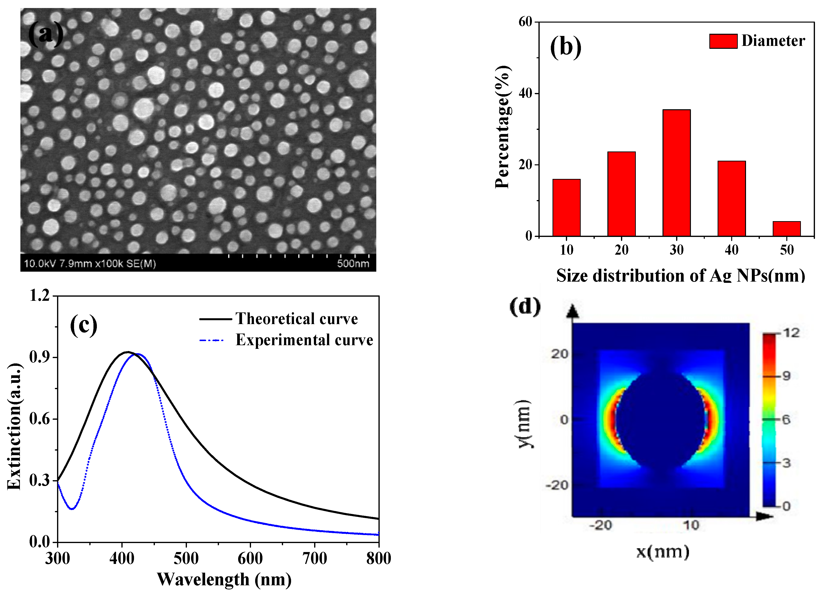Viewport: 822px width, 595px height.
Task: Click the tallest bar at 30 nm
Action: tap(676, 173)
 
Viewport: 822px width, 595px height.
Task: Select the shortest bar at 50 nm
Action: tap(787, 229)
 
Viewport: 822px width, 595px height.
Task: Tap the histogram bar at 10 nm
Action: tap(566, 208)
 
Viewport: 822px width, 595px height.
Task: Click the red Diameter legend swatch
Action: tap(723, 41)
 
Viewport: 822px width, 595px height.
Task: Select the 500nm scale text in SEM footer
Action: tap(353, 263)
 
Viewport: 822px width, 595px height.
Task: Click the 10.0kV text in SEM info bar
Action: tap(40, 263)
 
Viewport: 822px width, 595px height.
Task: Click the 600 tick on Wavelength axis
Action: tap(250, 558)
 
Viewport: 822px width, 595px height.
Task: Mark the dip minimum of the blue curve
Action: tap(72, 509)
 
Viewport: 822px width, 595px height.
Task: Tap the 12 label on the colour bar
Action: tap(791, 333)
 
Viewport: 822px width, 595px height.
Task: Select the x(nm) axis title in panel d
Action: tap(663, 552)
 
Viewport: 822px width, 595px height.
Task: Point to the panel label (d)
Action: tap(525, 307)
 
